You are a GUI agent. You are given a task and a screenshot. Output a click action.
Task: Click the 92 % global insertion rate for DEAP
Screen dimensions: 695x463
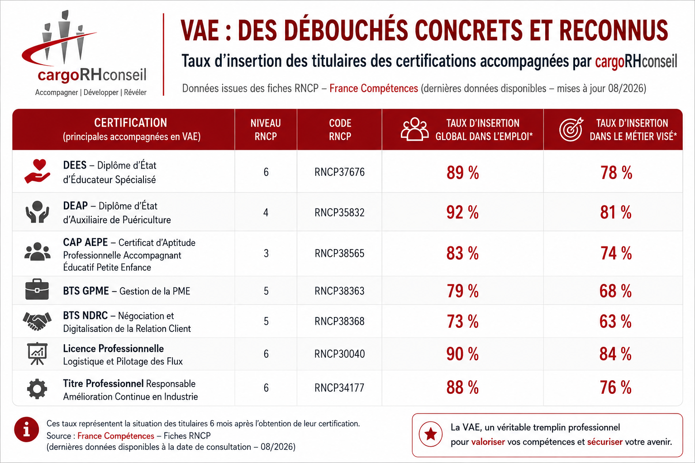(x=462, y=213)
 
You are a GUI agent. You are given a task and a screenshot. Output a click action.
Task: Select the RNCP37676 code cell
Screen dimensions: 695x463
(x=339, y=172)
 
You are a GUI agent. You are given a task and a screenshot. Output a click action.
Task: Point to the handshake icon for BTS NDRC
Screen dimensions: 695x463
(x=37, y=321)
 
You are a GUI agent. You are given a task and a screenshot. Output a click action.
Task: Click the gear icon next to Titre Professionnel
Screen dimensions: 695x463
(x=37, y=388)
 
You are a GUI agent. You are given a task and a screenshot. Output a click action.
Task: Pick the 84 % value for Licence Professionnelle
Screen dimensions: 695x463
(x=615, y=354)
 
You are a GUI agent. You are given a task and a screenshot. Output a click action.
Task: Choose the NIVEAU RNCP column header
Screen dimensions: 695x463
(x=266, y=130)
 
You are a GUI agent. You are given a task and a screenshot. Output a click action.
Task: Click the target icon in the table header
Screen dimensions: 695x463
(x=571, y=129)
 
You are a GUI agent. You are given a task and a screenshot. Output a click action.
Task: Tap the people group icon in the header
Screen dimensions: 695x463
(x=414, y=129)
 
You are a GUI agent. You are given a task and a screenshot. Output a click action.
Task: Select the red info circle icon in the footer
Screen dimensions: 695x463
(x=27, y=430)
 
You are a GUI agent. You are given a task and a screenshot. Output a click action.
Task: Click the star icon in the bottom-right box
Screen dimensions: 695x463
(x=431, y=434)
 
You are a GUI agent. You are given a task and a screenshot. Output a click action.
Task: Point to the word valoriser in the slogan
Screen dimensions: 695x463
(x=488, y=442)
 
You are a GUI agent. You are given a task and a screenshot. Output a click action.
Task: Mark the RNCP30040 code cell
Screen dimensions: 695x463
(x=339, y=354)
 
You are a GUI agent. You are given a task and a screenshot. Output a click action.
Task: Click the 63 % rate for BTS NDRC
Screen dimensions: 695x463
(x=615, y=321)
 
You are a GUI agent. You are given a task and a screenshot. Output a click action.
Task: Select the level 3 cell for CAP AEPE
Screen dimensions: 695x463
(x=266, y=254)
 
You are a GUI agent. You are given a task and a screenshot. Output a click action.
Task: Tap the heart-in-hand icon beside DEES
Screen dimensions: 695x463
(x=38, y=171)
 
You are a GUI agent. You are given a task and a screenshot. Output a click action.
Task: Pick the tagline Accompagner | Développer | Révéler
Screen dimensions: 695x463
(x=90, y=92)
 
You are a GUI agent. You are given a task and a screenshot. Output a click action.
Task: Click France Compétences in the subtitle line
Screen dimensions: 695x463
(x=374, y=89)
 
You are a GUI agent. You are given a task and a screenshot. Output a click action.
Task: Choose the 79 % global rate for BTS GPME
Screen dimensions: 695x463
(x=462, y=291)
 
